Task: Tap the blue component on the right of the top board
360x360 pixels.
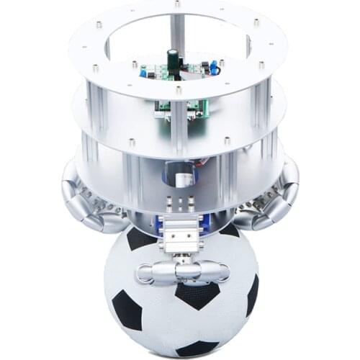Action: [214, 68]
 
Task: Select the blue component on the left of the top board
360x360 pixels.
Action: [144, 71]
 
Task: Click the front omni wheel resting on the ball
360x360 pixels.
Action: [181, 271]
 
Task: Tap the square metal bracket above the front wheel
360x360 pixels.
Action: [179, 235]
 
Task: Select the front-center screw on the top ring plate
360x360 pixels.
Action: [179, 90]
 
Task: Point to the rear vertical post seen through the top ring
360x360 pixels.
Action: [177, 32]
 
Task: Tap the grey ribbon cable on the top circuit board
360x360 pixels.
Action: [193, 70]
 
